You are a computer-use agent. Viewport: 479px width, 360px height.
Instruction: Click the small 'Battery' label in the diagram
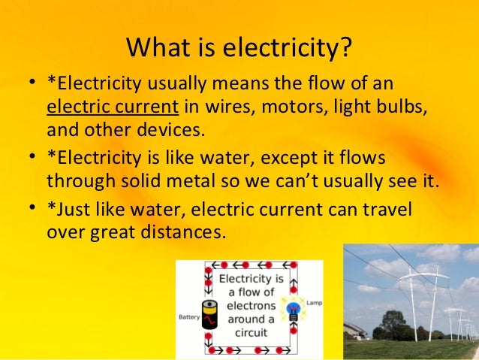[189, 317]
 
